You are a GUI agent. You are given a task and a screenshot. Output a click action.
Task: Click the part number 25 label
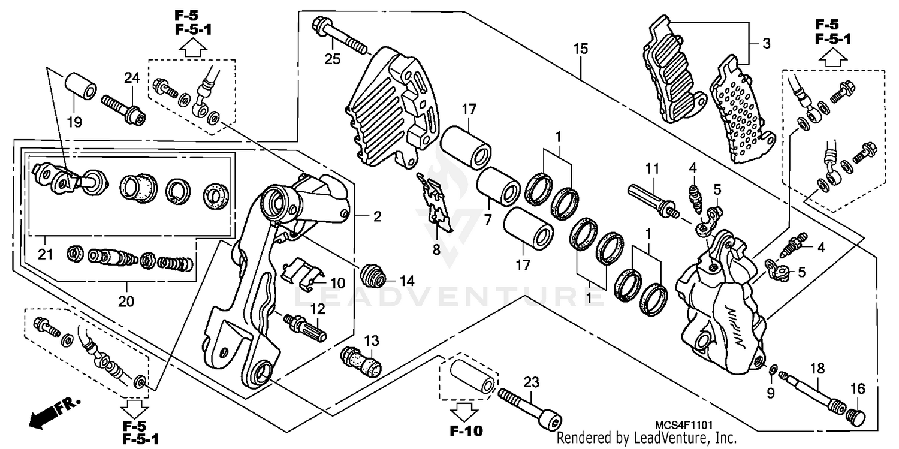[332, 59]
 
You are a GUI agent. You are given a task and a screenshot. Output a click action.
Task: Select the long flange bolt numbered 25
[339, 35]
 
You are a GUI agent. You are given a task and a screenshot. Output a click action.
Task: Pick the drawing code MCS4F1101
[683, 424]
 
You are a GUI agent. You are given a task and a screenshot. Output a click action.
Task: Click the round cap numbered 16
[854, 415]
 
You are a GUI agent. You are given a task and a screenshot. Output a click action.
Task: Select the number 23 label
[531, 381]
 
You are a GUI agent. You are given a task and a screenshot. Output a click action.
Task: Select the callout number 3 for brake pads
[766, 43]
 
